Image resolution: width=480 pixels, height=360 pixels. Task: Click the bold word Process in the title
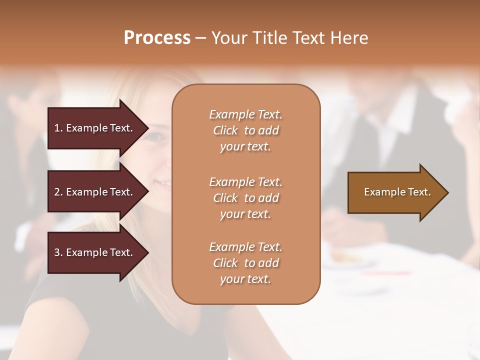pyautogui.click(x=157, y=38)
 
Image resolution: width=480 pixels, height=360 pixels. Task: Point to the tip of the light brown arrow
pyautogui.click(x=446, y=192)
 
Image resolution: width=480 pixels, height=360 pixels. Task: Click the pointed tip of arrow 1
pyautogui.click(x=146, y=128)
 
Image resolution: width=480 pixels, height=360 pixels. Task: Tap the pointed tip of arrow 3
pyautogui.click(x=146, y=252)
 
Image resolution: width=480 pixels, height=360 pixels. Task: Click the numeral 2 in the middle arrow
pyautogui.click(x=57, y=192)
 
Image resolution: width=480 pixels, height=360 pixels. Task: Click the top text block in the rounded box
pyautogui.click(x=245, y=130)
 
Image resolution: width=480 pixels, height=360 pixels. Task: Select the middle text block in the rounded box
pyautogui.click(x=245, y=197)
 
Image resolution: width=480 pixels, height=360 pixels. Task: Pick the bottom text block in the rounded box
pyautogui.click(x=245, y=263)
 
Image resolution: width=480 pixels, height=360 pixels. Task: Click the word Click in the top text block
pyautogui.click(x=225, y=130)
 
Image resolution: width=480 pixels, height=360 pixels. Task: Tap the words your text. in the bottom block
pyautogui.click(x=245, y=279)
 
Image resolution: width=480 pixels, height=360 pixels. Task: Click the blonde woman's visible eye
pyautogui.click(x=156, y=136)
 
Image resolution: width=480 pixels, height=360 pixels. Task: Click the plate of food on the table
pyautogui.click(x=346, y=258)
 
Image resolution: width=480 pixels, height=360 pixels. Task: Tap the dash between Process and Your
pyautogui.click(x=200, y=38)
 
